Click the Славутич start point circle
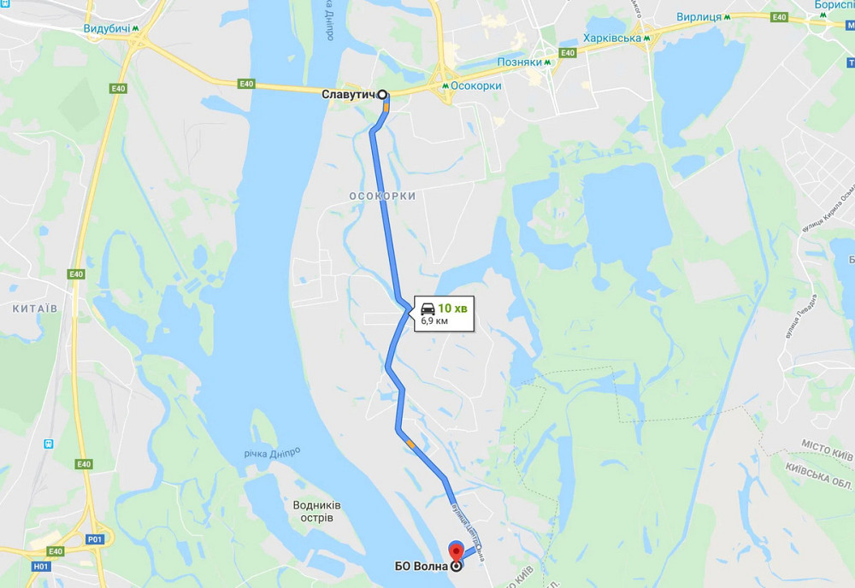tap(382, 95)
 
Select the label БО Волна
tap(422, 566)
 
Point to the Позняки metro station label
tap(520, 62)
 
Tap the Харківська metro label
tap(612, 38)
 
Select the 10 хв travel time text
tap(451, 308)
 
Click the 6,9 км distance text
tap(434, 321)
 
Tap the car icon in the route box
tap(427, 308)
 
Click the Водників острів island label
tap(316, 511)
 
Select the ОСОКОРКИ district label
tap(382, 197)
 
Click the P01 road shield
tap(95, 539)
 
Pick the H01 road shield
tap(40, 566)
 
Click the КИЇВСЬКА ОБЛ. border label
tap(818, 476)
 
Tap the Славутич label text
tap(349, 95)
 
